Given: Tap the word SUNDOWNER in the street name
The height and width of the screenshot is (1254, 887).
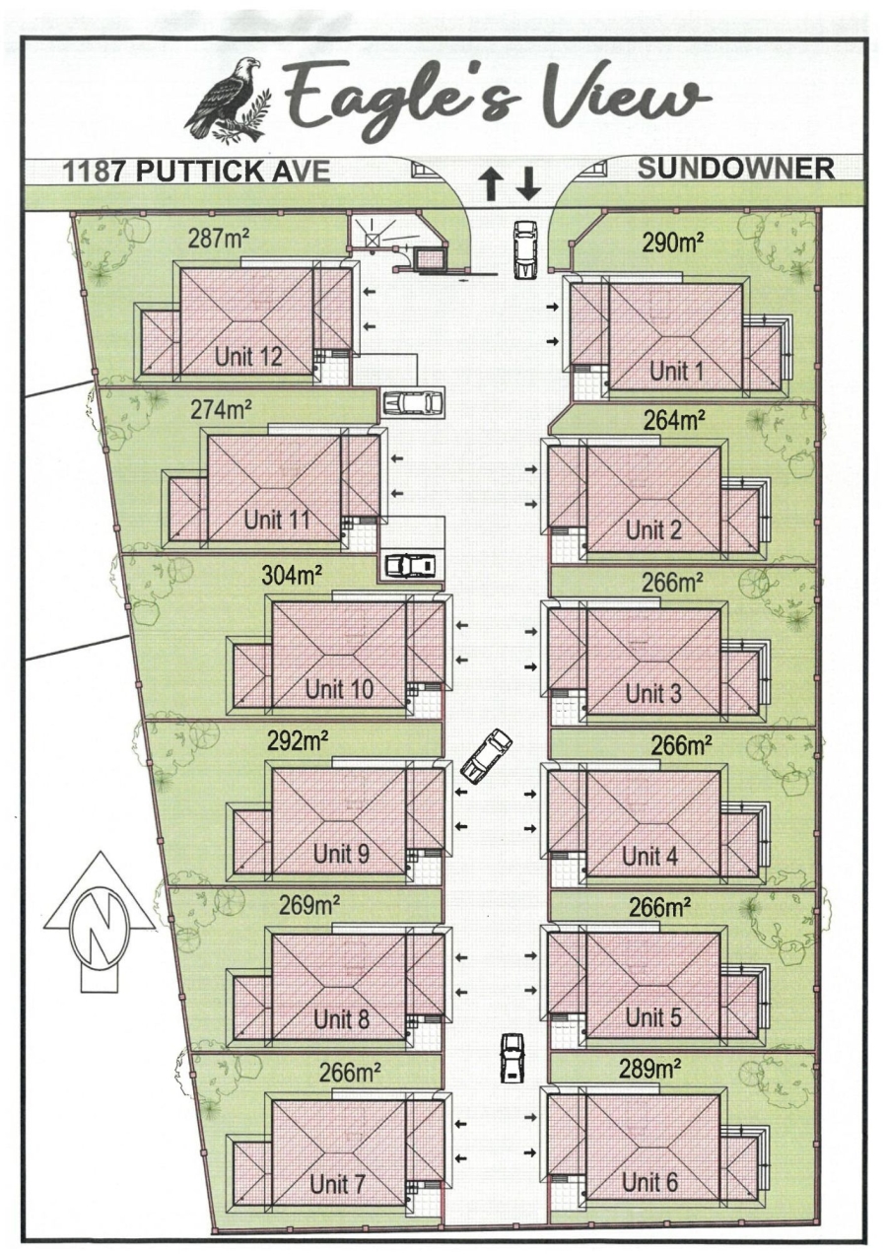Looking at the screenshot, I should click(735, 169).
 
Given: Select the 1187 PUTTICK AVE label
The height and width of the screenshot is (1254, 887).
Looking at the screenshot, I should click(196, 171).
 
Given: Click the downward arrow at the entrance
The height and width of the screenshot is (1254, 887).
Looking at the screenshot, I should click(529, 183).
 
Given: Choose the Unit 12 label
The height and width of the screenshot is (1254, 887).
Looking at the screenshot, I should click(248, 357).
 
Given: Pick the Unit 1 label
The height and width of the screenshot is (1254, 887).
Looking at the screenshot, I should click(677, 371).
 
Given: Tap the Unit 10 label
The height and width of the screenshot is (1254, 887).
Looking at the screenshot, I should click(339, 689).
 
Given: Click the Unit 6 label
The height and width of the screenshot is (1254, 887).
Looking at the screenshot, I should click(649, 1182).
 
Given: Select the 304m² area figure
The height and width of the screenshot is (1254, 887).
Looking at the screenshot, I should click(293, 575).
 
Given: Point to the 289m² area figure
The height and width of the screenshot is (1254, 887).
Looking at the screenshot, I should click(651, 1067).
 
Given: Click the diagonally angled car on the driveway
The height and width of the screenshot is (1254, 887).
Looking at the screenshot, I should click(487, 756).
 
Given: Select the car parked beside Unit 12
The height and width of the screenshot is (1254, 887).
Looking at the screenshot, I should click(412, 402).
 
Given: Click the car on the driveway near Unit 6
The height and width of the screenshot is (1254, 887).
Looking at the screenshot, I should click(512, 1058).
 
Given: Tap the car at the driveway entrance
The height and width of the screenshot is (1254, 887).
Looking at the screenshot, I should click(525, 250).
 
